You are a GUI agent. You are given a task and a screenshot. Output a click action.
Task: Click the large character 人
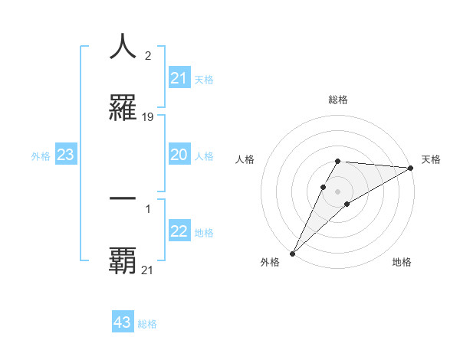123,46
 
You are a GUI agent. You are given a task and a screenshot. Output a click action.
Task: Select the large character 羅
123,109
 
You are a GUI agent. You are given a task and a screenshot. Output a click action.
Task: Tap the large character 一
123,198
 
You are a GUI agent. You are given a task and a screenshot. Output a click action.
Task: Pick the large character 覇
123,261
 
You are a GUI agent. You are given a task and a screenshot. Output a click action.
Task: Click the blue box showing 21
179,78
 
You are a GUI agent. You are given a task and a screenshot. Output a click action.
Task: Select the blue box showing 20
179,155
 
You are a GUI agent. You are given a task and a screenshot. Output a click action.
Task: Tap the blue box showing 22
179,231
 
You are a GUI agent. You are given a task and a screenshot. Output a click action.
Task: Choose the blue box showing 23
66,155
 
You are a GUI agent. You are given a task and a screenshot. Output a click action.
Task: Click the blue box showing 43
123,322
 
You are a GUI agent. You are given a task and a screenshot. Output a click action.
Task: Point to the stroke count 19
148,117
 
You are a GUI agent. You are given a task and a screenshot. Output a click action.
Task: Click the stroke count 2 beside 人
147,55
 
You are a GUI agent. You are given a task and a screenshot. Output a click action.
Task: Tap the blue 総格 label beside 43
147,324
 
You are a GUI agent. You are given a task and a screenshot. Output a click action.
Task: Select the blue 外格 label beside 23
41,156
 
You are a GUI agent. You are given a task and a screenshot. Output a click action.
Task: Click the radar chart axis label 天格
431,159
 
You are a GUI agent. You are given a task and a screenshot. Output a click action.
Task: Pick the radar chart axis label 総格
338,100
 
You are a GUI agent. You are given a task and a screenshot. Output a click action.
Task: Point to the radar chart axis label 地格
402,262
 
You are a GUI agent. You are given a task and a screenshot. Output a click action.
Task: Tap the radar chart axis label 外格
270,262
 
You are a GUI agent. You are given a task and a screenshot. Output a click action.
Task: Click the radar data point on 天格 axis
410,167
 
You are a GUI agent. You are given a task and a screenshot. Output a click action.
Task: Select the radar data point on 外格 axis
292,253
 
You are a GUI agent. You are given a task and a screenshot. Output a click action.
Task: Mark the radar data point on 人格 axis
323,187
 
